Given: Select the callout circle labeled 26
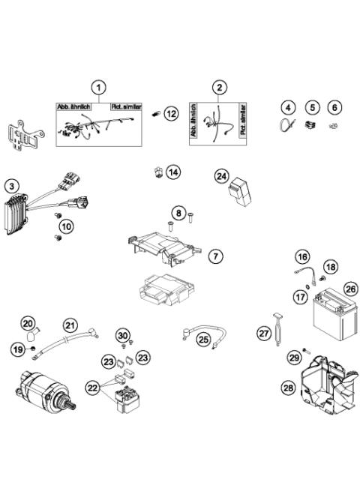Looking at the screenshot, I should tap(349, 288).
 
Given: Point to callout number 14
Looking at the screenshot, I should tap(173, 172).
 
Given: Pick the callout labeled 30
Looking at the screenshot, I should tap(124, 335).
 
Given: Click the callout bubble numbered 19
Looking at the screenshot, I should tap(16, 349).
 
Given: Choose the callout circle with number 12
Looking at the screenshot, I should tap(172, 113).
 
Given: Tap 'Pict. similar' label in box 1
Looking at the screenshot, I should tap(126, 107).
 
